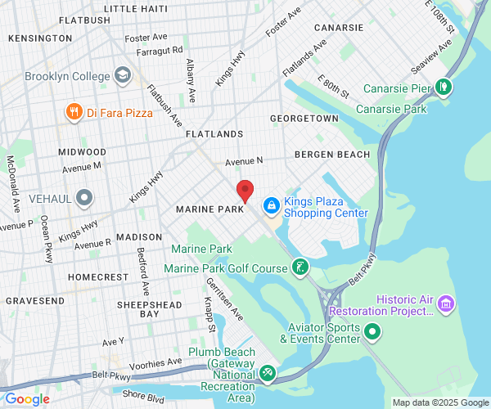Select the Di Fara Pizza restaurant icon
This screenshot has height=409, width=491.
tap(74, 111)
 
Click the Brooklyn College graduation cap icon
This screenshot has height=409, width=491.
tap(123, 76)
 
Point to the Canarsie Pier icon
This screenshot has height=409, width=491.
tap(443, 86)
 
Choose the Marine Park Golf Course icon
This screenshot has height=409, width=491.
tap(301, 267)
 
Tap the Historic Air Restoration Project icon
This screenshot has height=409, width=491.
tap(446, 304)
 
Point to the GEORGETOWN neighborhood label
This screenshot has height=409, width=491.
tap(304, 119)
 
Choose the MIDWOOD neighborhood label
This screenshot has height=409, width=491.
tap(82, 152)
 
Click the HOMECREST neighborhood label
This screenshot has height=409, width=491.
tap(98, 277)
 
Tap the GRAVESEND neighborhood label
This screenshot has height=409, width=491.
tap(35, 300)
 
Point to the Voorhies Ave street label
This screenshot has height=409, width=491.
tap(152, 362)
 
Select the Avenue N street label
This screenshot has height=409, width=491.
tap(245, 161)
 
